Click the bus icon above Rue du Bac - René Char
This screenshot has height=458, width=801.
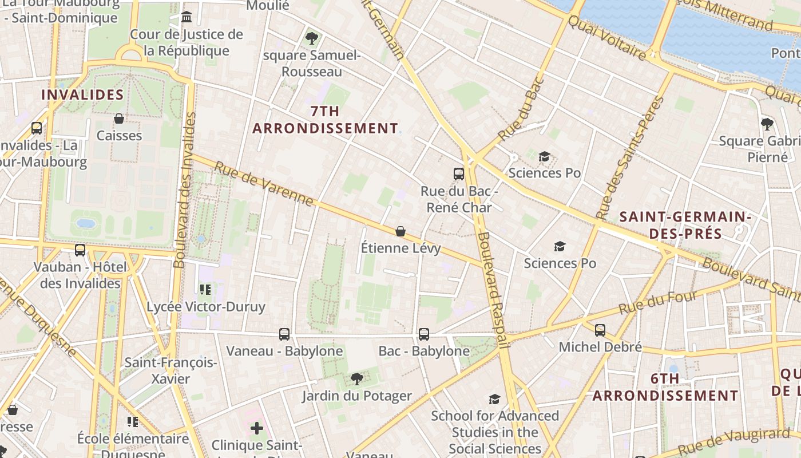[458, 173]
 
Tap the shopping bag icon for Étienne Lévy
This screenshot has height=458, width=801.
[400, 231]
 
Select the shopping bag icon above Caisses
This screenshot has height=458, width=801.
[119, 119]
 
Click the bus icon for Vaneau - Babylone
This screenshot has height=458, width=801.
[284, 334]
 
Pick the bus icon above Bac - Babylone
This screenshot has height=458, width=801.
[424, 334]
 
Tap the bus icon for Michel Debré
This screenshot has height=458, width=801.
[600, 330]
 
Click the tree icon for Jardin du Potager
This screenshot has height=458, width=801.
[357, 378]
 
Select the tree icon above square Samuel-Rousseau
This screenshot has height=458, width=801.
[312, 38]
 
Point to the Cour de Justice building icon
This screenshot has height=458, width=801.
[187, 17]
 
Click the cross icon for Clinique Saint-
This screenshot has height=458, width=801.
[257, 428]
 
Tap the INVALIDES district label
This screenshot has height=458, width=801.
[82, 95]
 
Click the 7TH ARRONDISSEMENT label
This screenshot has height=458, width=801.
[325, 120]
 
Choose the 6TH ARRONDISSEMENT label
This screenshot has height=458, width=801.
[665, 388]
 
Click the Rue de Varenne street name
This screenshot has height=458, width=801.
[264, 184]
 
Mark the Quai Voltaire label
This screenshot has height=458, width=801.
[606, 38]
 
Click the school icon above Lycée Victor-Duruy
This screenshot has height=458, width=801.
[205, 290]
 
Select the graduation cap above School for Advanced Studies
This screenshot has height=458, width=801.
[494, 399]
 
